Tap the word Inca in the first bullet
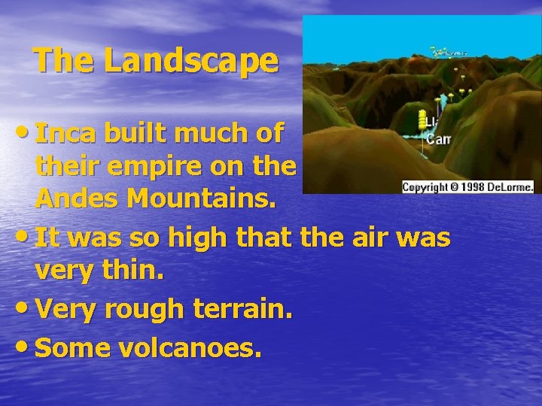click(66, 133)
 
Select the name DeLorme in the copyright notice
click(509, 187)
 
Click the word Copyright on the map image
click(425, 187)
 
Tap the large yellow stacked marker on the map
click(422, 120)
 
